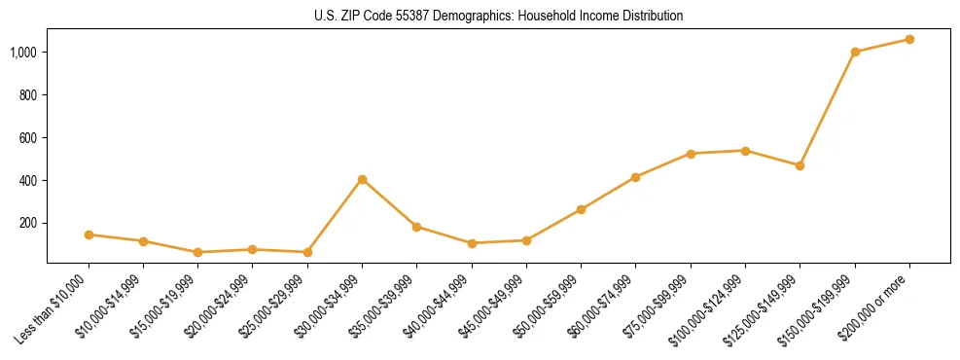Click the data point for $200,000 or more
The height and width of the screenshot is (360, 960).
coord(909,40)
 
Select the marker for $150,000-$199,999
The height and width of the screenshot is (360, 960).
coord(855,52)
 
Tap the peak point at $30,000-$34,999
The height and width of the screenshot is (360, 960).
coord(362,179)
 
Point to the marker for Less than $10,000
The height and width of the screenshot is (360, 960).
coord(89,234)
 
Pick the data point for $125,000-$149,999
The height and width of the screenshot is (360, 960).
coord(800,165)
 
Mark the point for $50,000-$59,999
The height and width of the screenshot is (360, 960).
coord(581,209)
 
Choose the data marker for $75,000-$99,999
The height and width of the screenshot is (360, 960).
coord(691,154)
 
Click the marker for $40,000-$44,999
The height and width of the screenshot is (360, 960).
coord(472,243)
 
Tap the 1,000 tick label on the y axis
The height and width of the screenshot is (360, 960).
coord(23,52)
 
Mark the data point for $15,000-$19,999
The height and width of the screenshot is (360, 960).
coord(197,252)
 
